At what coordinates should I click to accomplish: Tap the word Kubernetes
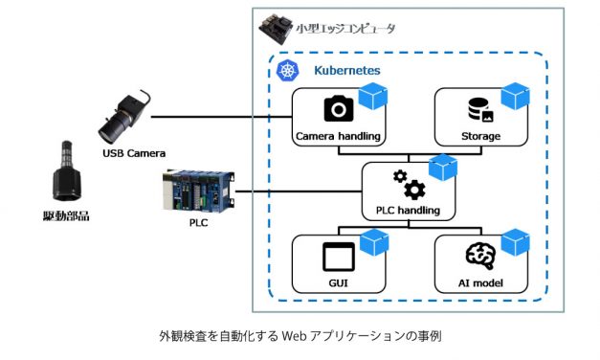(346, 71)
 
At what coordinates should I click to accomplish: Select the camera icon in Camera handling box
(339, 109)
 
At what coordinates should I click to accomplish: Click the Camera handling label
(339, 136)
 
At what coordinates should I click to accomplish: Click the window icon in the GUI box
(339, 256)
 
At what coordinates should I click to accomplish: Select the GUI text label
(339, 283)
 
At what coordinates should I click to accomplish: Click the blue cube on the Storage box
(516, 96)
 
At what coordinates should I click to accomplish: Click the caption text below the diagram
(300, 337)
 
